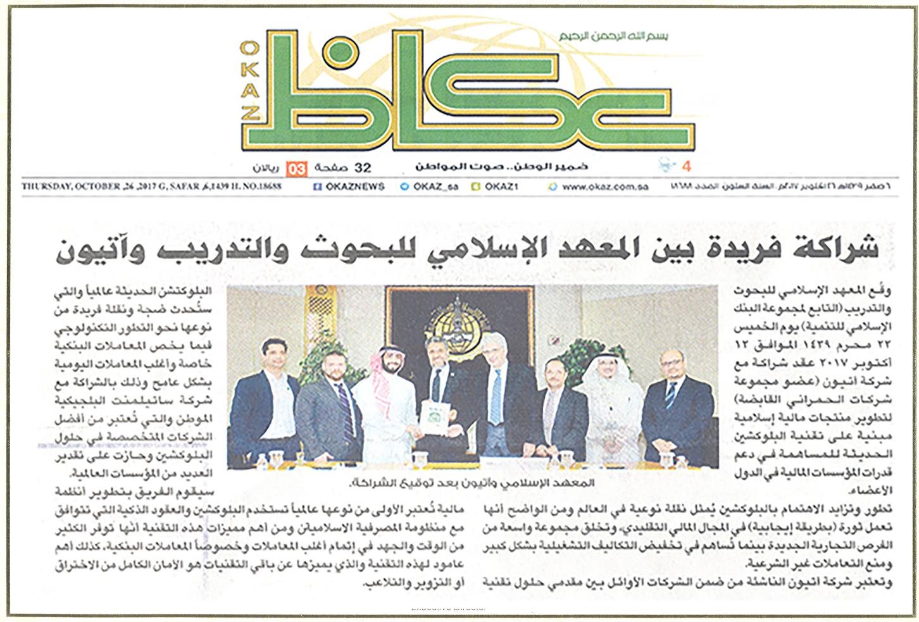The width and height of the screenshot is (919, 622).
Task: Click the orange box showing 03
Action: point(297,168)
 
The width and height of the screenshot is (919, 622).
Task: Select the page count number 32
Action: point(363,168)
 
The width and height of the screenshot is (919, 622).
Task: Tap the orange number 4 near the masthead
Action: point(686,167)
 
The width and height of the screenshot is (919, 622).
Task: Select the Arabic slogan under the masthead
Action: point(501,167)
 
